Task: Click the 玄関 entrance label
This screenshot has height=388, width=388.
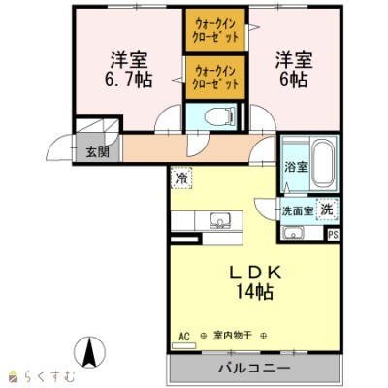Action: (94, 151)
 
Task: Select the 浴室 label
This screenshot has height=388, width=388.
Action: (295, 167)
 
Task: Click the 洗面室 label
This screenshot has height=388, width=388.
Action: (296, 210)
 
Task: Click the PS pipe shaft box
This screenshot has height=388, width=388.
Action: (333, 234)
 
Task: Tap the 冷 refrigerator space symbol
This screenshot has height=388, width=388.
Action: (181, 178)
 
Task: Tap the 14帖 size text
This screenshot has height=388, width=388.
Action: (254, 291)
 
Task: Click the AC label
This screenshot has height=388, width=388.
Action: (183, 336)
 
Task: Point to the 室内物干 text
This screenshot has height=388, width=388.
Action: (233, 336)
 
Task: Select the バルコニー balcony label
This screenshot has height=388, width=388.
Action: (254, 369)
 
